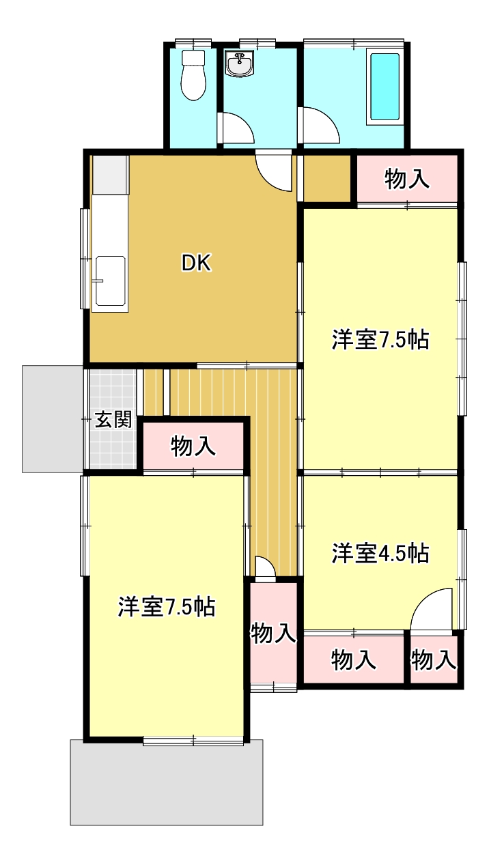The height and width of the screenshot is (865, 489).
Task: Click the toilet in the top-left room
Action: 193,75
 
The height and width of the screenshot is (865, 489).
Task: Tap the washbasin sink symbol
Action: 240,63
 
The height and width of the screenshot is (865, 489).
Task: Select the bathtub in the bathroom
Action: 385,87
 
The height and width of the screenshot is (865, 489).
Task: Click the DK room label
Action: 196,263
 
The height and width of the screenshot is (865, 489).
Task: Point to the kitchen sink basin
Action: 110,281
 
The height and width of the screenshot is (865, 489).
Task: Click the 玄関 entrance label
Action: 113,420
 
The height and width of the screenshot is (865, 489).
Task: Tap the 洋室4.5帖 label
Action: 380,554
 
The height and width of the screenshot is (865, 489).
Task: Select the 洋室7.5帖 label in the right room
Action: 380,340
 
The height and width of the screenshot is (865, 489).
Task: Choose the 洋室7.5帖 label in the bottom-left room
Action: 167,607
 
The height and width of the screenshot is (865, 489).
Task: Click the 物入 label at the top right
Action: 407,179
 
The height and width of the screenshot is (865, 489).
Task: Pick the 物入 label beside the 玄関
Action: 193,446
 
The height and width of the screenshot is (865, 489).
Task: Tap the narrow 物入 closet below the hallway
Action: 273,634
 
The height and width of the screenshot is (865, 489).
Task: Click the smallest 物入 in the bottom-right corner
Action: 434,660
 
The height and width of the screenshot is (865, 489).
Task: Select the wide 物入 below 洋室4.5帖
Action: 353,660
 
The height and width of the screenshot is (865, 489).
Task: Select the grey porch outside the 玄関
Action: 53,419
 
